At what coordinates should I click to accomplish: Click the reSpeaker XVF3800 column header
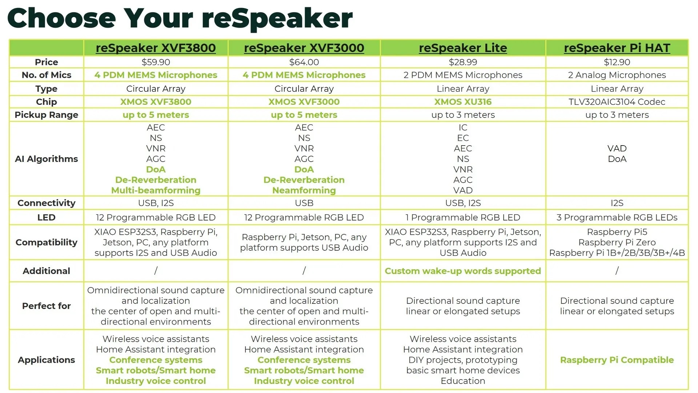coord(156,48)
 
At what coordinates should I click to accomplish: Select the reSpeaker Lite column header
coord(463,48)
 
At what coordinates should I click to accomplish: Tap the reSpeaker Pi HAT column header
coord(617,48)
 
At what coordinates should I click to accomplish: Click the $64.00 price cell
coord(304,62)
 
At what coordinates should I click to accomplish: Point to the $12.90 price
coord(617,62)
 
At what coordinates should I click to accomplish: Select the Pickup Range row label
coord(47,115)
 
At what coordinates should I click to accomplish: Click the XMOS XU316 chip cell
coord(463,102)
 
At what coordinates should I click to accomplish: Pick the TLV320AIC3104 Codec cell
coord(617,102)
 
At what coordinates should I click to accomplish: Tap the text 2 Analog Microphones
coord(617,75)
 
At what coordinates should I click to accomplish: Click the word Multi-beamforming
coord(156,190)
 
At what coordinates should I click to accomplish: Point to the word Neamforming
coord(304,190)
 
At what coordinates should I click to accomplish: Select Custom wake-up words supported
coord(463,271)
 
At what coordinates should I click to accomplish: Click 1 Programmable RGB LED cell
coord(463,218)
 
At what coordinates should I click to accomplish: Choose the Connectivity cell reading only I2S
coord(617,203)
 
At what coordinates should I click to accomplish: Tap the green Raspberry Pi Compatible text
coord(617,360)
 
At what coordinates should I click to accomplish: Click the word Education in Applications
coord(463,381)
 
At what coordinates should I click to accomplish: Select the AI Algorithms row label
coord(47,159)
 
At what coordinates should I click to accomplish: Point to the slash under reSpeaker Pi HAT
coord(617,271)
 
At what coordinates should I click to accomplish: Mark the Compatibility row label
coord(47,242)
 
